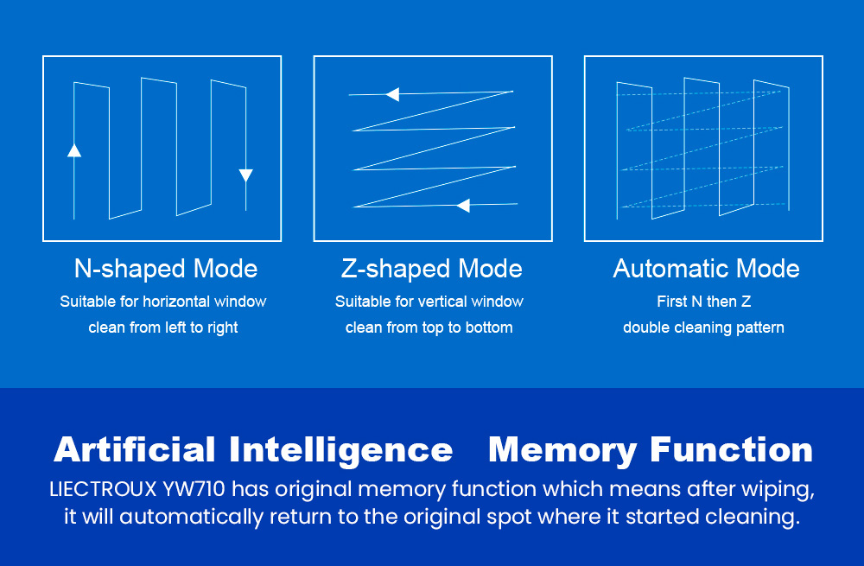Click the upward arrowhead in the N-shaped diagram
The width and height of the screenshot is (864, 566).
coord(74,150)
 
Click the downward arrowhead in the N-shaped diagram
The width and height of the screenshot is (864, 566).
coord(245,175)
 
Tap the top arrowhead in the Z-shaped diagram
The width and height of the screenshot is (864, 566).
coord(393,94)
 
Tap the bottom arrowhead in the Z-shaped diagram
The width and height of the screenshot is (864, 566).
coord(463,206)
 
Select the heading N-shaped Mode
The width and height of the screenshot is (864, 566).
coord(166,269)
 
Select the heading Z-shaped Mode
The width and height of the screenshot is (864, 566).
coord(432,269)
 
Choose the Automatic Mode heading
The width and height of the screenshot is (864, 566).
coord(706,269)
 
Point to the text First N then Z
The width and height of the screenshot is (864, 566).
coord(703,302)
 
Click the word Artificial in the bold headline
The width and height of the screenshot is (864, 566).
coord(135,449)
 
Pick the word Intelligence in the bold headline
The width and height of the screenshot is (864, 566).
coord(341,451)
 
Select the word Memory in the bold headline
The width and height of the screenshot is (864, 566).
coord(562,451)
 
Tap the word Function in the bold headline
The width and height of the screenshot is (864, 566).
coord(732,449)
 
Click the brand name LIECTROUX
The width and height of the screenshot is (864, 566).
coord(103,489)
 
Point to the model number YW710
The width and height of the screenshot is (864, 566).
coord(194,489)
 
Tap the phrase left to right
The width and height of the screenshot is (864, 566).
coord(201,328)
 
